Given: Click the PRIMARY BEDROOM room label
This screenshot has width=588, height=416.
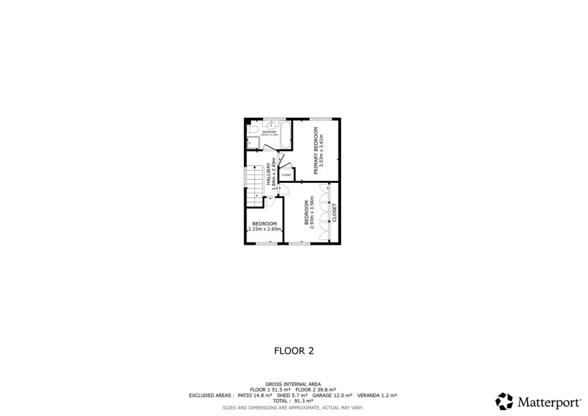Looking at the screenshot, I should (316, 149).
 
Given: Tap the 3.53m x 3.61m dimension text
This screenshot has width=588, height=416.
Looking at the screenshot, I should (322, 149).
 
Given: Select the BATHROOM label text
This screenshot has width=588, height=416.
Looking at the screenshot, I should (269, 132).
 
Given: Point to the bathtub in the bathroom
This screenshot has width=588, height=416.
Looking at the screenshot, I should (285, 135).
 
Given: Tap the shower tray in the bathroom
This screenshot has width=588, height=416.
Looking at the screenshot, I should (253, 144).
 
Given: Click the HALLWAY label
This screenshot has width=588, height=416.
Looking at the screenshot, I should (268, 174).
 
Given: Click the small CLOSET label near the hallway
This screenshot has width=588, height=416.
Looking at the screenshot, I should (286, 175).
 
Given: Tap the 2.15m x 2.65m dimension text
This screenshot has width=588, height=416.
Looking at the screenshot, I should (265, 229).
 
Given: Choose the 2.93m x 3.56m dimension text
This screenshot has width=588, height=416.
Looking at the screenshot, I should (312, 213).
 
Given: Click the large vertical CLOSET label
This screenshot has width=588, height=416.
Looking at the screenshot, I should (335, 213).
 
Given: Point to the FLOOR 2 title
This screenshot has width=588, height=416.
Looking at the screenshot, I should (293, 350).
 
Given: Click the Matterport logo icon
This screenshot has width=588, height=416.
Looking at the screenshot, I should (504, 401).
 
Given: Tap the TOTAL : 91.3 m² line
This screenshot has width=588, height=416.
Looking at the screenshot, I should (293, 401).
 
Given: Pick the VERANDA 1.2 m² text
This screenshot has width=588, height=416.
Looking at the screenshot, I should (377, 395).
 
